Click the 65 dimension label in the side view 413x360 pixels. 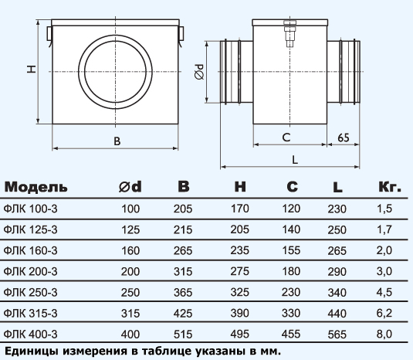point(344,138)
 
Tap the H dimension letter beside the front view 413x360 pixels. point(32,70)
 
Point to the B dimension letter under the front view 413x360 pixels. point(117,141)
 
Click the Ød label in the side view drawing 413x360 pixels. point(199,72)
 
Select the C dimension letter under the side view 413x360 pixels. point(286,138)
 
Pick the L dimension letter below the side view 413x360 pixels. point(295,160)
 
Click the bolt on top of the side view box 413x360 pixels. point(290,33)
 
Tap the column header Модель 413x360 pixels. point(36,187)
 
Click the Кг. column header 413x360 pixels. point(390,187)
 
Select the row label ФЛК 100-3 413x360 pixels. point(31,209)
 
